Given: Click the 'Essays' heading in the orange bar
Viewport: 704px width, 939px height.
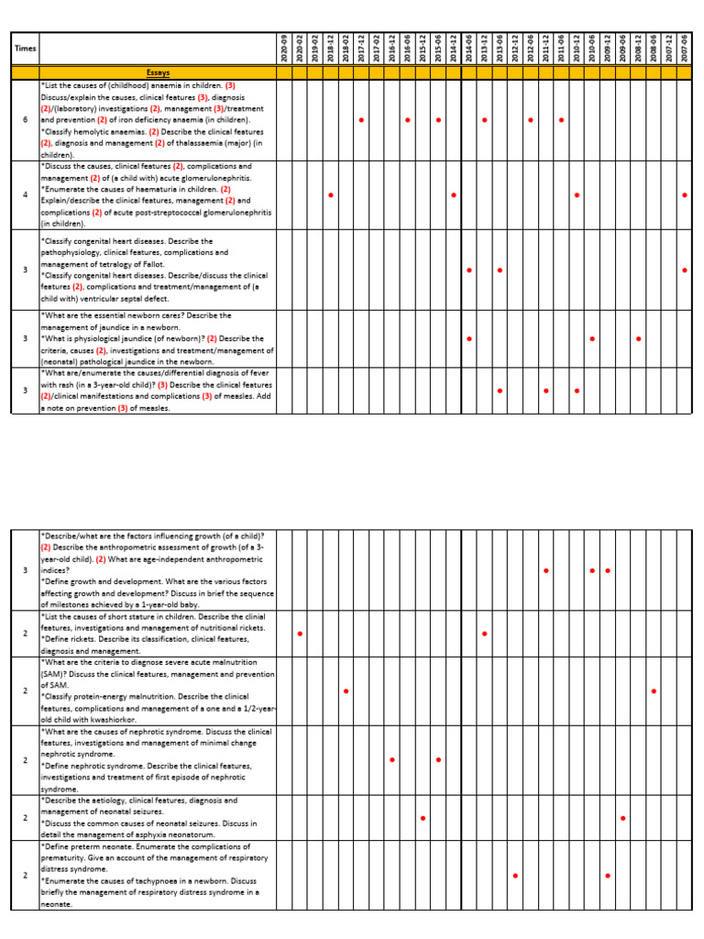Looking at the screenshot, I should pyautogui.click(x=158, y=72).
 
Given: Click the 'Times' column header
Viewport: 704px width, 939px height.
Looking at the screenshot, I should pyautogui.click(x=24, y=47).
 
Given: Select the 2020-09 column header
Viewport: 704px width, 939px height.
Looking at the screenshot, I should pyautogui.click(x=284, y=47).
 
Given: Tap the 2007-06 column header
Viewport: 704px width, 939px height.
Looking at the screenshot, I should pyautogui.click(x=685, y=47).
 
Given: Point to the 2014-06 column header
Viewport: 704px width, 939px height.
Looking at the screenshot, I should pyautogui.click(x=469, y=47).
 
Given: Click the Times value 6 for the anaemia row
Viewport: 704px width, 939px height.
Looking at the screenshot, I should pyautogui.click(x=25, y=120).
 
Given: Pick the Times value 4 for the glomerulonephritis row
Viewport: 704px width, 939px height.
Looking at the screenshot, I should pyautogui.click(x=25, y=195).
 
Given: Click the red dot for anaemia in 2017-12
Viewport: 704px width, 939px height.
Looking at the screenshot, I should pyautogui.click(x=361, y=120).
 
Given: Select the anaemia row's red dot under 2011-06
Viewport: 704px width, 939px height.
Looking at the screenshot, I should pyautogui.click(x=561, y=120).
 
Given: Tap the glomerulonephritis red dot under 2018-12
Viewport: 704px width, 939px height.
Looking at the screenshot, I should pyautogui.click(x=330, y=195).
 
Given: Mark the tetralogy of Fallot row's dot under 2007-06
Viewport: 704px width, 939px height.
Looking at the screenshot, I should pyautogui.click(x=685, y=271).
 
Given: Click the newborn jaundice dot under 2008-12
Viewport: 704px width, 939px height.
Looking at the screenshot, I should pyautogui.click(x=639, y=338).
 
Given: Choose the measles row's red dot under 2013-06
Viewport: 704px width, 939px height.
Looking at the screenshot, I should pyautogui.click(x=500, y=391).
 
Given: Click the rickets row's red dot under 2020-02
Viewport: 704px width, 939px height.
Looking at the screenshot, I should pyautogui.click(x=300, y=634).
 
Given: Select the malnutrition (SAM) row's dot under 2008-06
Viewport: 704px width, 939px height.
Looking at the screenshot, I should pyautogui.click(x=654, y=690).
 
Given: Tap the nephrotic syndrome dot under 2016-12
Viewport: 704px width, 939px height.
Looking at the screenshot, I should pyautogui.click(x=392, y=760).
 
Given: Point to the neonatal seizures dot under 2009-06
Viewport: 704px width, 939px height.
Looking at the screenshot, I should pyautogui.click(x=623, y=818).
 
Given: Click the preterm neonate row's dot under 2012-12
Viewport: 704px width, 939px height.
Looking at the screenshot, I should pyautogui.click(x=515, y=876).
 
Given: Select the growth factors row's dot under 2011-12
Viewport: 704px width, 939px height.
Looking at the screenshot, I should pyautogui.click(x=546, y=570).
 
